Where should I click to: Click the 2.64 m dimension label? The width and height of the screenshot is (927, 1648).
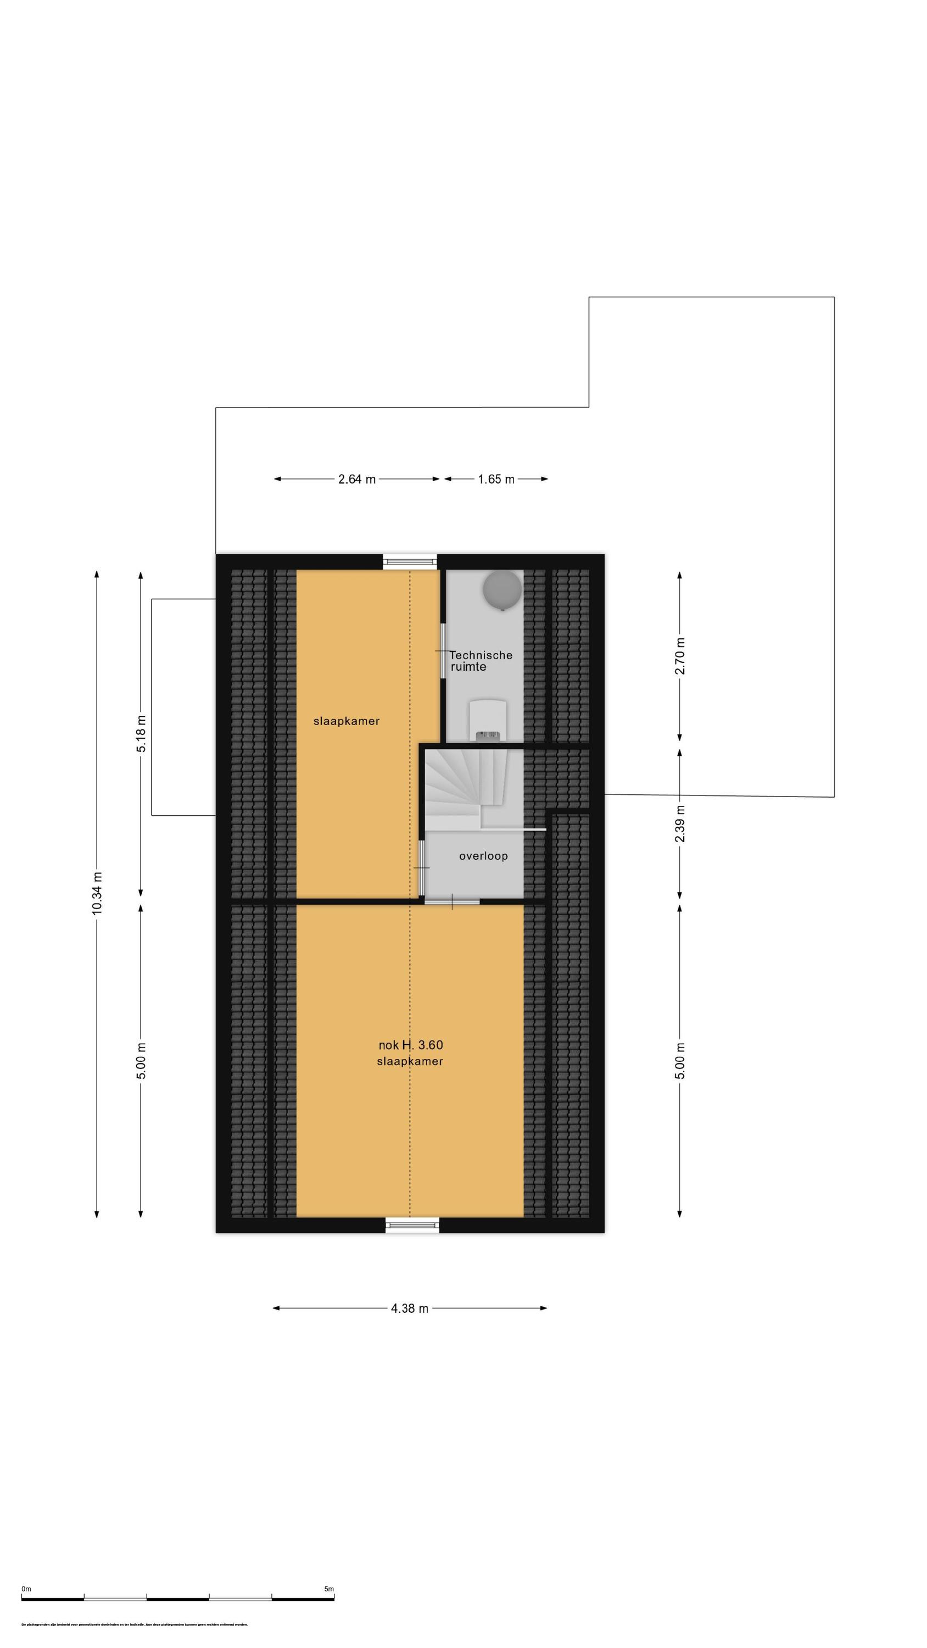356,479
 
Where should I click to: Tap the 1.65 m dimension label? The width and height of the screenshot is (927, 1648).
496,479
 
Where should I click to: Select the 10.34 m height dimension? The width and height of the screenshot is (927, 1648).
97,893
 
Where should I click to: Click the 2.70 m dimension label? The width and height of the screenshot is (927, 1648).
680,656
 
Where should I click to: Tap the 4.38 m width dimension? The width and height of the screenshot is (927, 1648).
410,1309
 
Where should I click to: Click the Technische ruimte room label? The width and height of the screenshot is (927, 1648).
480,661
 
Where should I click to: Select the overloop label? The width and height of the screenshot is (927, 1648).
483,856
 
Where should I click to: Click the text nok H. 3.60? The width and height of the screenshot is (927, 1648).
411,1045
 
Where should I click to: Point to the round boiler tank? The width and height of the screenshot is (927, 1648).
502,589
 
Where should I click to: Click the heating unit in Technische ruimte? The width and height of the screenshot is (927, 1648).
488,720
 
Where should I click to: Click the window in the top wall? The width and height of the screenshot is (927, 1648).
410,562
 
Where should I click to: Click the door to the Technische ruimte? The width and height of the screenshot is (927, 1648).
443,649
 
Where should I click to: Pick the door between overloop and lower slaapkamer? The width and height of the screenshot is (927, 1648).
451,901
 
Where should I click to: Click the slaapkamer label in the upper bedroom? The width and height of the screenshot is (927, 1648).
346,721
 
